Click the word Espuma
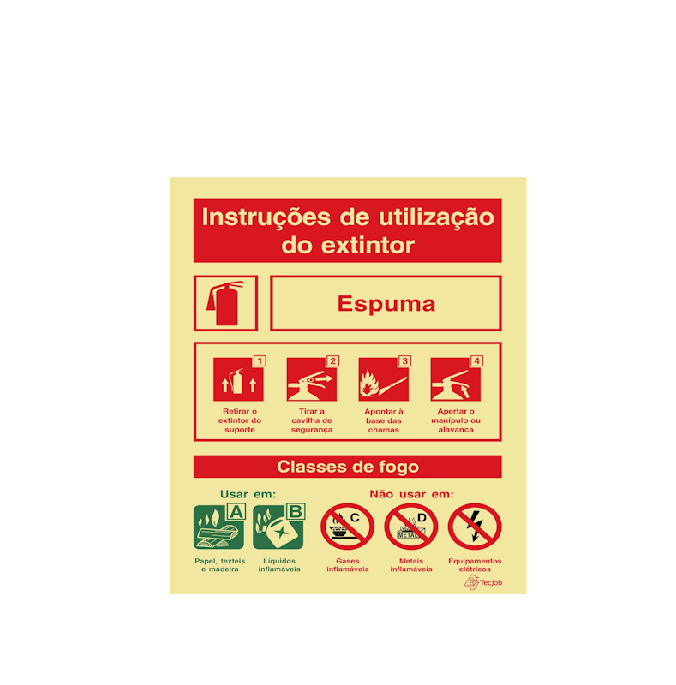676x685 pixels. click(386, 304)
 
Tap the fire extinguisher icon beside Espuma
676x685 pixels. click(225, 303)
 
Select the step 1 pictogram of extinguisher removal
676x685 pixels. click(237, 380)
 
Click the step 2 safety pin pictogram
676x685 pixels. click(311, 380)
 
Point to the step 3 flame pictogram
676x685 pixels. click(383, 380)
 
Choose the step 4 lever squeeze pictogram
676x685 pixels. click(455, 380)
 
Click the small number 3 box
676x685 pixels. click(404, 361)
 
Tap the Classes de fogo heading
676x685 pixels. click(347, 467)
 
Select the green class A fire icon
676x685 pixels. click(219, 527)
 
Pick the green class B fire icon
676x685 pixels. click(278, 527)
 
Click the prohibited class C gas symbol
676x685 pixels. click(347, 527)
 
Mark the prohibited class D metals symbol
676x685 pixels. click(411, 527)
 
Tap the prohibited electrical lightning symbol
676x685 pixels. click(475, 527)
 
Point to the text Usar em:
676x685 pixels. click(248, 494)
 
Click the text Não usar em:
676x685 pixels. click(411, 494)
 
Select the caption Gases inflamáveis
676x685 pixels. click(347, 565)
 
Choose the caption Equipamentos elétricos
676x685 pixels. click(475, 565)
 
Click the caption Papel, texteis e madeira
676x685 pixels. click(219, 565)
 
